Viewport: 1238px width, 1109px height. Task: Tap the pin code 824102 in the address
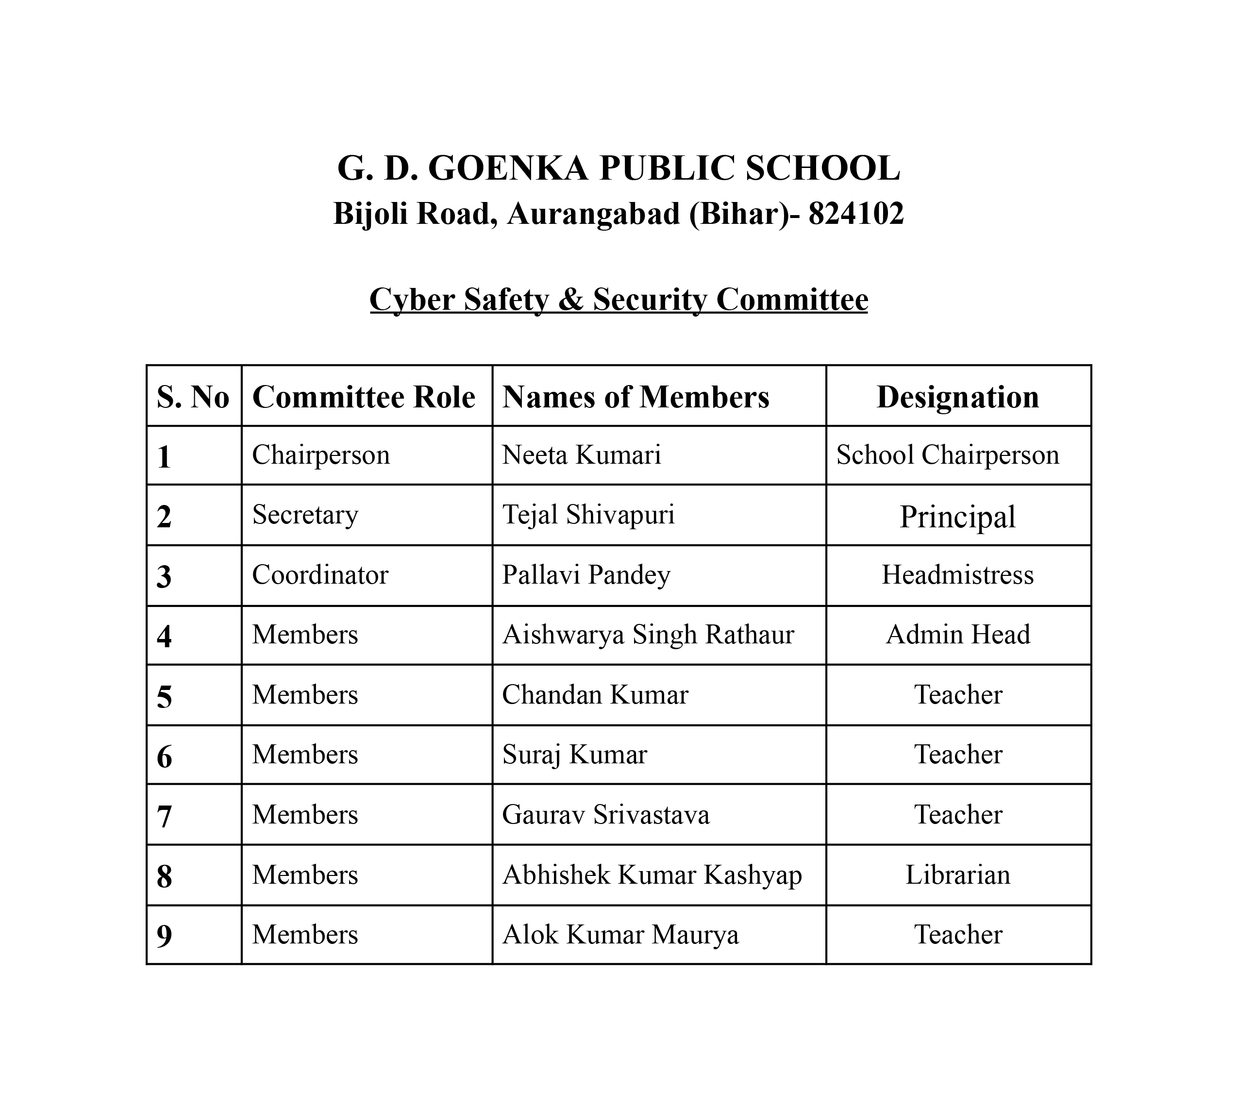(855, 214)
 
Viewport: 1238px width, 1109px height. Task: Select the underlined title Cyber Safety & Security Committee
(619, 299)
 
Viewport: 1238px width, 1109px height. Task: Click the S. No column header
(193, 397)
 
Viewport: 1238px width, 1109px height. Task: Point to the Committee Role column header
(364, 397)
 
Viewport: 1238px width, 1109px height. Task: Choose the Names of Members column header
(636, 397)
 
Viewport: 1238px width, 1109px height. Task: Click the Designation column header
(958, 397)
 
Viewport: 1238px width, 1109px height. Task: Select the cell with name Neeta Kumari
(581, 455)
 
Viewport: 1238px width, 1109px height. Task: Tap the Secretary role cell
(305, 515)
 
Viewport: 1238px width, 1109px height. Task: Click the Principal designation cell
(958, 517)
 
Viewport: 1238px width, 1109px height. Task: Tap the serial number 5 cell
(165, 696)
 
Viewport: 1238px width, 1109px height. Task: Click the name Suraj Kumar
(574, 755)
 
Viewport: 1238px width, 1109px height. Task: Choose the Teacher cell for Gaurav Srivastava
(958, 815)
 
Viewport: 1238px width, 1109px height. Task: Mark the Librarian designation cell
(958, 875)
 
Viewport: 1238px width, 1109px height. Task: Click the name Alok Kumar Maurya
(620, 935)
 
